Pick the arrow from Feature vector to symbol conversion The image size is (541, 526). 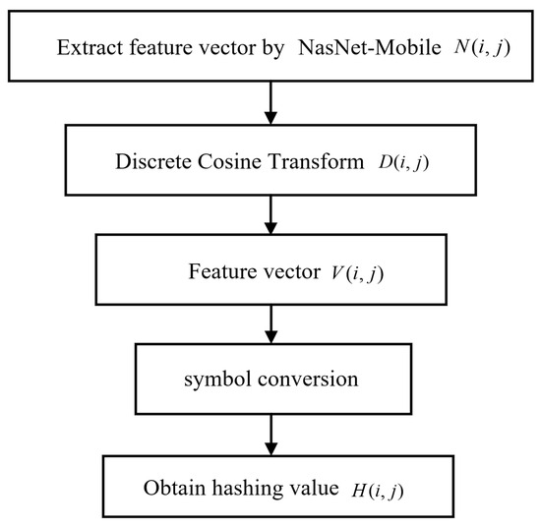tap(270, 321)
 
